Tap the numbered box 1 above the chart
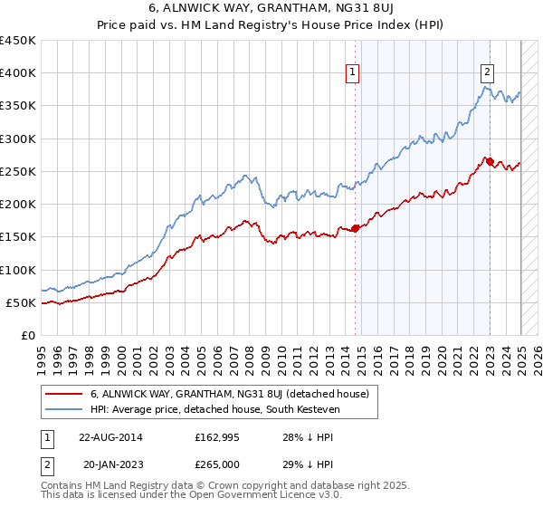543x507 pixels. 352,75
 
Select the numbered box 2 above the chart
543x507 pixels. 487,75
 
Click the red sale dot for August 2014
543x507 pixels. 355,228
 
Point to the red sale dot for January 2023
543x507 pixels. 490,161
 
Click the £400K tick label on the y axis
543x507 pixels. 18,73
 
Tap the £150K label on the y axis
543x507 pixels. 18,237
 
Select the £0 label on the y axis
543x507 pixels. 27,335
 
